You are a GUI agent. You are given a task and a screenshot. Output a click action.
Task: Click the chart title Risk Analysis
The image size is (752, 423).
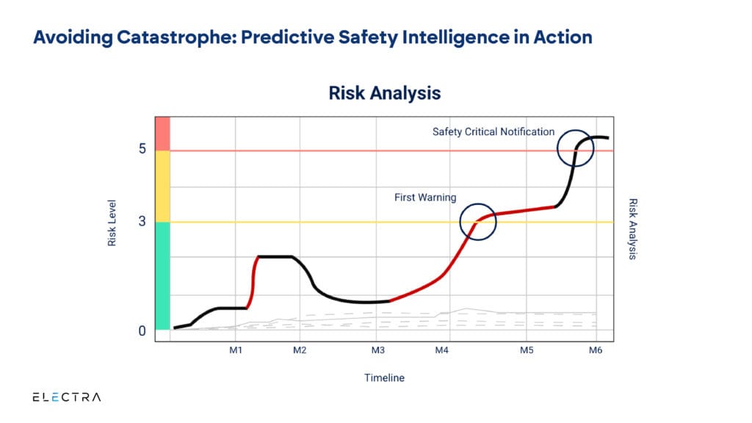tap(384, 93)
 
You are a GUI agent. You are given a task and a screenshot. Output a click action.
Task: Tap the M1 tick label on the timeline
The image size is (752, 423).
tap(235, 350)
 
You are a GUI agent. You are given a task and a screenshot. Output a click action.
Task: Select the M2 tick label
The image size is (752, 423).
tap(299, 350)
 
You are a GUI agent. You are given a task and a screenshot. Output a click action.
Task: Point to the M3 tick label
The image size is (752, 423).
tap(377, 350)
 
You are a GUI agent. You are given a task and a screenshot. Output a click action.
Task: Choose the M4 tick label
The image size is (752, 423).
tap(441, 350)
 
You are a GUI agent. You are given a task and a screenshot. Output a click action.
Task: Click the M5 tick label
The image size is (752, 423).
tap(527, 350)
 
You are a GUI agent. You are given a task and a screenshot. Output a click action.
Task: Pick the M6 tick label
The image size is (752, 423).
tap(596, 350)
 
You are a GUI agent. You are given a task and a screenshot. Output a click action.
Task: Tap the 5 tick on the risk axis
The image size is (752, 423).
tap(142, 149)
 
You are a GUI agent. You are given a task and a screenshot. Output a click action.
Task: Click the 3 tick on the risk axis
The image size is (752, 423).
tap(142, 221)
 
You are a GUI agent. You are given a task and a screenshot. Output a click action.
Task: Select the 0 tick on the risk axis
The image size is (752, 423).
tap(142, 331)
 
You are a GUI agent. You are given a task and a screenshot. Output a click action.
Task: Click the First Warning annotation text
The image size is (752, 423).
tap(426, 198)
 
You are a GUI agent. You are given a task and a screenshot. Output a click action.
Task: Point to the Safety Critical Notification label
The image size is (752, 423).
tap(493, 132)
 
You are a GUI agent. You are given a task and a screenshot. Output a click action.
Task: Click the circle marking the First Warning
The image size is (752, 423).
tap(478, 223)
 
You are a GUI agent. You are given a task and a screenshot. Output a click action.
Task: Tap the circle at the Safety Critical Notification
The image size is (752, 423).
tap(576, 148)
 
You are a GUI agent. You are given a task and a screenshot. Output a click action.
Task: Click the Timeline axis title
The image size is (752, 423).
tap(384, 378)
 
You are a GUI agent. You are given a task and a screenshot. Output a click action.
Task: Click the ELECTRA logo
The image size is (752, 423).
tap(67, 397)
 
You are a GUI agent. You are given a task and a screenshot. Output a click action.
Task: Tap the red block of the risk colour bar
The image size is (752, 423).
tap(162, 133)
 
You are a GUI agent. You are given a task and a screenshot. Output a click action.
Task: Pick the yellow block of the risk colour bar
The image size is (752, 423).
tap(162, 186)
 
